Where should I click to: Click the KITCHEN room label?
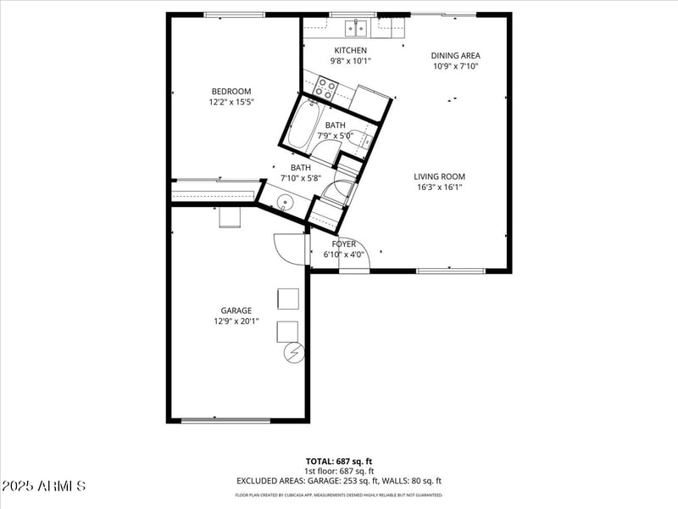pyautogui.click(x=349, y=50)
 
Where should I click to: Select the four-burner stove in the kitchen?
pyautogui.click(x=325, y=88)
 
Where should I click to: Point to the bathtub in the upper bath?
pyautogui.click(x=302, y=125)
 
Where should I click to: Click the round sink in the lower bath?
pyautogui.click(x=285, y=202)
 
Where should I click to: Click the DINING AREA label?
pyautogui.click(x=456, y=56)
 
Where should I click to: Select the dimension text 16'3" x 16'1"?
pyautogui.click(x=439, y=187)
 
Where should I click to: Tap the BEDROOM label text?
pyautogui.click(x=231, y=92)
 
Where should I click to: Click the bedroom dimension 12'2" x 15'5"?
pyautogui.click(x=231, y=102)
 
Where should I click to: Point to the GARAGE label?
pyautogui.click(x=236, y=310)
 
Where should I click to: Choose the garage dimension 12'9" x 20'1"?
pyautogui.click(x=236, y=322)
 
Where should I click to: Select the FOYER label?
pyautogui.click(x=343, y=243)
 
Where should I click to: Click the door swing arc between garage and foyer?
pyautogui.click(x=287, y=248)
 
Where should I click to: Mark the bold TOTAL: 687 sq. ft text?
pyautogui.click(x=338, y=461)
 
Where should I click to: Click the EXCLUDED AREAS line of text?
pyautogui.click(x=338, y=481)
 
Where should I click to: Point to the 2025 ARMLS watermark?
pyautogui.click(x=43, y=486)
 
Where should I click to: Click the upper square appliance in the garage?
pyautogui.click(x=288, y=299)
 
